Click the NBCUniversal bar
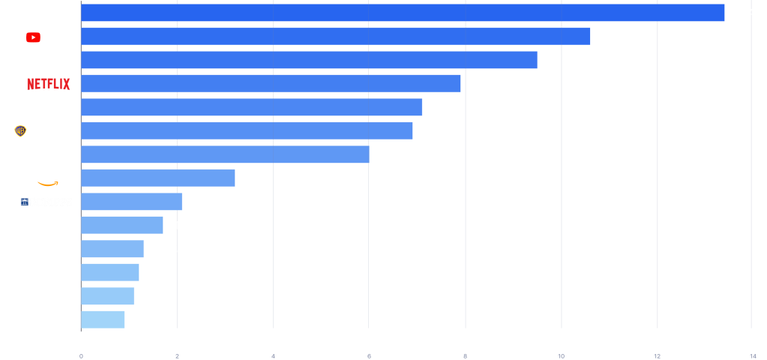[403, 13]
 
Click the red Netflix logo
[48, 84]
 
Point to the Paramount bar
[251, 107]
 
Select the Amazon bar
[157, 178]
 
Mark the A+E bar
[109, 272]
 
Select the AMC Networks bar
[103, 319]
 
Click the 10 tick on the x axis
[561, 355]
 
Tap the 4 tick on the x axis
[273, 355]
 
